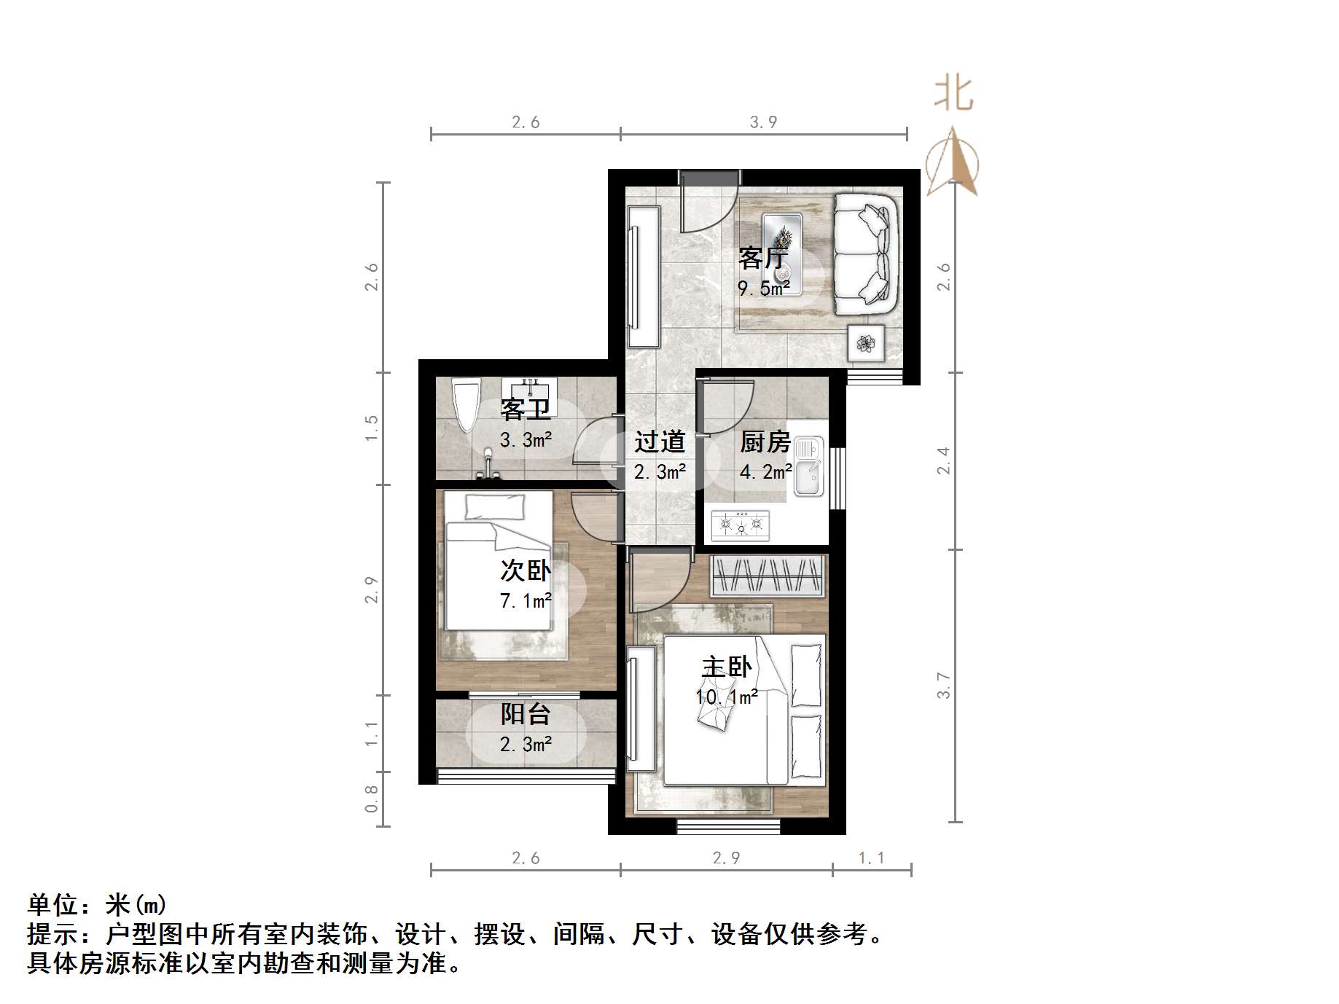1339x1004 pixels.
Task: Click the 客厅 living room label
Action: point(763,258)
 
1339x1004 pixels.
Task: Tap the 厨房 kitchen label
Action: point(765,442)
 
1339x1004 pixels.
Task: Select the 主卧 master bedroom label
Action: point(726,667)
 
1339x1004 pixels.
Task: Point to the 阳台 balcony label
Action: point(525,714)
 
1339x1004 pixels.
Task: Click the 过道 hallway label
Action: point(660,442)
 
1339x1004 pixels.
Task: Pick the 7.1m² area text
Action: point(525,601)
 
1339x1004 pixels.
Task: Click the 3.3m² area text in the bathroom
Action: point(525,440)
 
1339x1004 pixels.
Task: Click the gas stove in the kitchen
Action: point(741,525)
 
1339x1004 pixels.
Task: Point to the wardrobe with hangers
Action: point(768,576)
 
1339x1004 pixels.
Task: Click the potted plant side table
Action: point(866,343)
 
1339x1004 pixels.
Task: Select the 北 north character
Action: point(953,94)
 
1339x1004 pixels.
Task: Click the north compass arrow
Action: point(952,164)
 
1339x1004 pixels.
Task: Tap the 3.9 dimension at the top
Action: point(763,122)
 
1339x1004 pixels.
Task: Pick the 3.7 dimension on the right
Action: point(944,686)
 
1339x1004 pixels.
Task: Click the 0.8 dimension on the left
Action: point(371,799)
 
